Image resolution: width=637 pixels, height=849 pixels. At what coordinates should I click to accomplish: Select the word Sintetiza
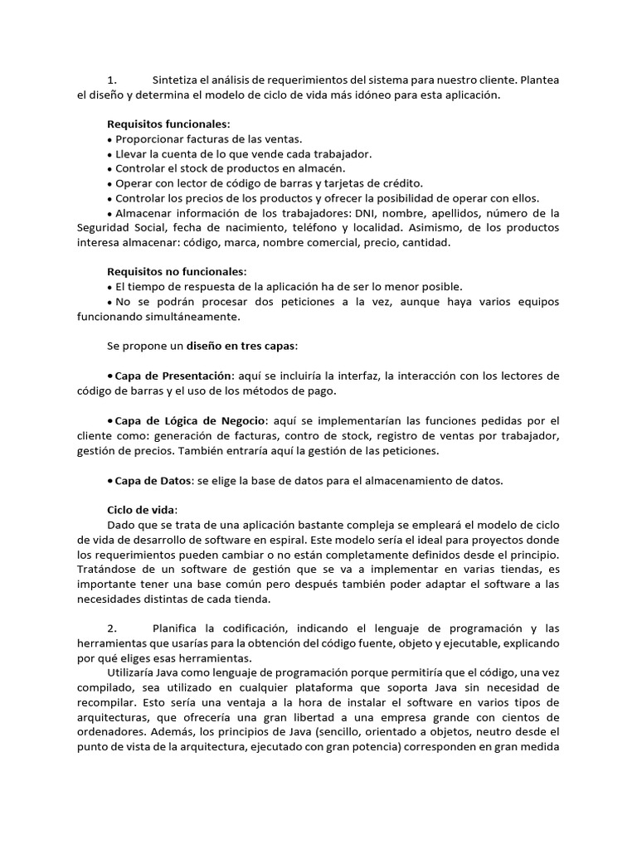click(178, 80)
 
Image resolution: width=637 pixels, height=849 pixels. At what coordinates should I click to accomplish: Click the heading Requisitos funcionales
click(168, 124)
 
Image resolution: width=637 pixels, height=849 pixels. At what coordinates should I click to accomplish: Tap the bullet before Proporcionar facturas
click(109, 139)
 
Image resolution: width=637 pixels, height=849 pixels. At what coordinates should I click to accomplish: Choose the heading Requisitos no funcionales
click(177, 271)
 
